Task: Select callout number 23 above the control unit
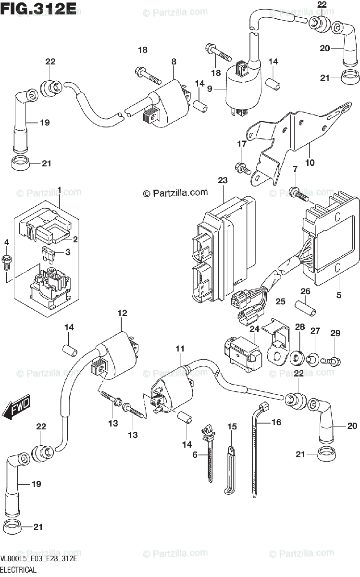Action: click(222, 180)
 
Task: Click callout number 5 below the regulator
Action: click(339, 295)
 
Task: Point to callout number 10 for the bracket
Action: click(310, 163)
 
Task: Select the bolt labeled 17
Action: click(241, 168)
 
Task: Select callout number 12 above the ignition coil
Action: click(122, 314)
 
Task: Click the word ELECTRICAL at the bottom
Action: click(19, 570)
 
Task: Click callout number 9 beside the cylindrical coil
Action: click(210, 89)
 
